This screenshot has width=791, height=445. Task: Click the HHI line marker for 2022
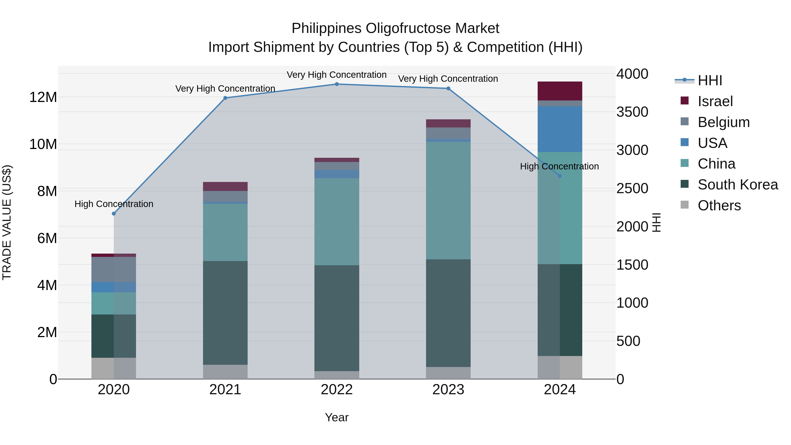coord(337,84)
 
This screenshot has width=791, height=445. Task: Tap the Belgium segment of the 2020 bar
coord(114,269)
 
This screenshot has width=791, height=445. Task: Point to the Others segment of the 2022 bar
coord(337,375)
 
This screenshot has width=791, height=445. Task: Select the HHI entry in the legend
coord(710,80)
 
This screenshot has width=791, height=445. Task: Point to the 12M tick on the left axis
coord(43,97)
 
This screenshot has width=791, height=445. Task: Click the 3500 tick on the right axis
coord(632,112)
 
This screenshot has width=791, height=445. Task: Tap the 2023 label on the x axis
coord(448,390)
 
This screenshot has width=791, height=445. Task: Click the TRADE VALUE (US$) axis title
coord(7,222)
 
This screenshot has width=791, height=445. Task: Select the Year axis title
coord(337,417)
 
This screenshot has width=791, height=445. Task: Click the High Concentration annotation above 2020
coord(114,204)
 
